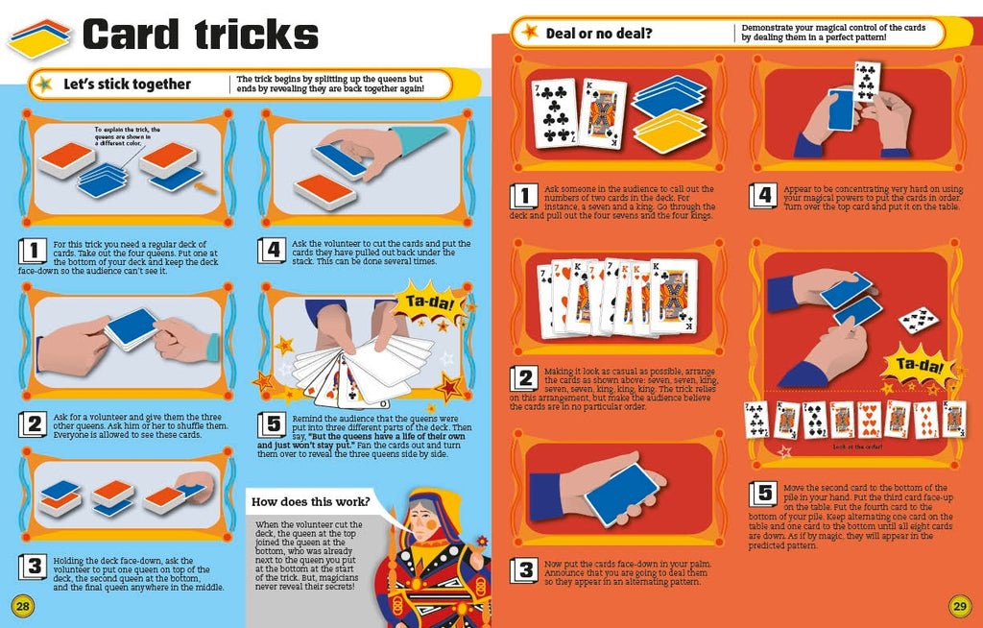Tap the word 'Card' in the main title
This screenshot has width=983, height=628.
(131, 36)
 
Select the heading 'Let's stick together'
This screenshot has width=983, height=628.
(127, 85)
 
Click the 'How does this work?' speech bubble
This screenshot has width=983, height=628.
(312, 501)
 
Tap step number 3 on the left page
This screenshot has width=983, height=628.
(34, 566)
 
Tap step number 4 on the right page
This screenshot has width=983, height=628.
(763, 196)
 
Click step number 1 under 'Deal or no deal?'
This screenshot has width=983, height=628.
(523, 196)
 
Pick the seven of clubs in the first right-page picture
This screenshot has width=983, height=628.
(554, 113)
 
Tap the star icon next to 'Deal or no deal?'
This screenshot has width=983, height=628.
(528, 33)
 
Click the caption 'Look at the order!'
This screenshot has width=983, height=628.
(857, 447)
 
